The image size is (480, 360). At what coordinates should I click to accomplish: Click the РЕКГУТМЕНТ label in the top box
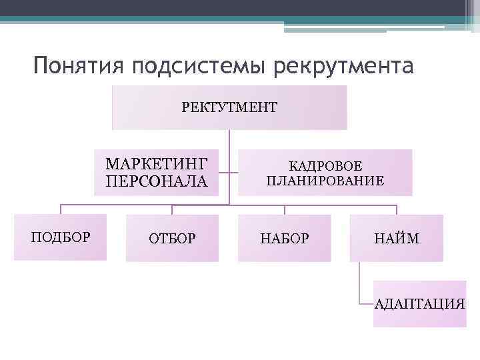pos(229,106)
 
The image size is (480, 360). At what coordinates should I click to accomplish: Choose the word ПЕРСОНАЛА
pos(157,181)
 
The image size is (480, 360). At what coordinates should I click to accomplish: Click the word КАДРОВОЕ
pos(325,166)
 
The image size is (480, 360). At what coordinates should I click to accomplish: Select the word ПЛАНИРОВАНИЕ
pos(325,181)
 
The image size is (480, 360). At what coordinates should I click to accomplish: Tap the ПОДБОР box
pos(60,237)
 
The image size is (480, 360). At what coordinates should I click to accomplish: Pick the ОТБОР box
pos(172,238)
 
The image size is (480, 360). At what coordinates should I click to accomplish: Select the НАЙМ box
pos(396,238)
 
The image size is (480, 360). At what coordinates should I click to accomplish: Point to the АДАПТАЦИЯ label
pos(420,304)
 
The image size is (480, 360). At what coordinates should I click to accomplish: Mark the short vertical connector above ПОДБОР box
pos(61,209)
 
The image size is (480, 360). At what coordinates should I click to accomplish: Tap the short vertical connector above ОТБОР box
pos(172,209)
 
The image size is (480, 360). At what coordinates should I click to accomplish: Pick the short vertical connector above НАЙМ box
pos(396,209)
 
